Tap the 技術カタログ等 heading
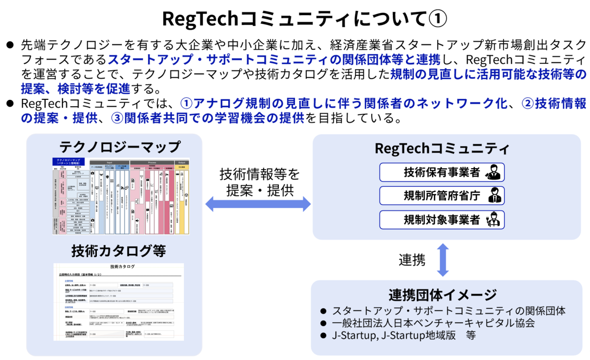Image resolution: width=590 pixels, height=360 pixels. coord(118,251)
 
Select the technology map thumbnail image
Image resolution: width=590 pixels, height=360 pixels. coord(121,195)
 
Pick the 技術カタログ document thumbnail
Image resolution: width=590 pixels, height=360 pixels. coord(118,301)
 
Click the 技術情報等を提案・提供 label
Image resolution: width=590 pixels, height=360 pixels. coord(259,182)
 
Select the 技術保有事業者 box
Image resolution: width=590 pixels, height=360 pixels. coord(442,172)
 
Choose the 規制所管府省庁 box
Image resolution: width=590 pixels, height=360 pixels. coord(442,196)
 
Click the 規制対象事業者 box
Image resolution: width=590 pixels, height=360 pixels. coord(442,219)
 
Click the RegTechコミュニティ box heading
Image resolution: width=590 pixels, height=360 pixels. coord(442,149)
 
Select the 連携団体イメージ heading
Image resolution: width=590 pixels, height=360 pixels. coord(442,295)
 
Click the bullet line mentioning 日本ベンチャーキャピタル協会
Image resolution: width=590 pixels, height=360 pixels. coord(433,323)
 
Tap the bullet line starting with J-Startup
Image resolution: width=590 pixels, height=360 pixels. coord(403,335)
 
